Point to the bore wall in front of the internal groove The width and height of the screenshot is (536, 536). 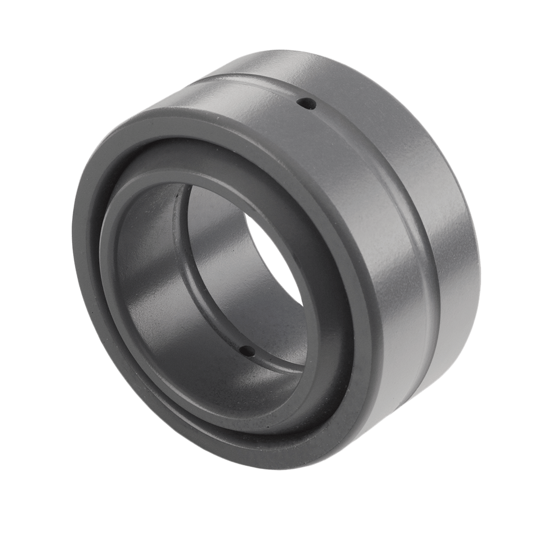(x=157, y=293)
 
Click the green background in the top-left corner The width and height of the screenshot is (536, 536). (x=31, y=31)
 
